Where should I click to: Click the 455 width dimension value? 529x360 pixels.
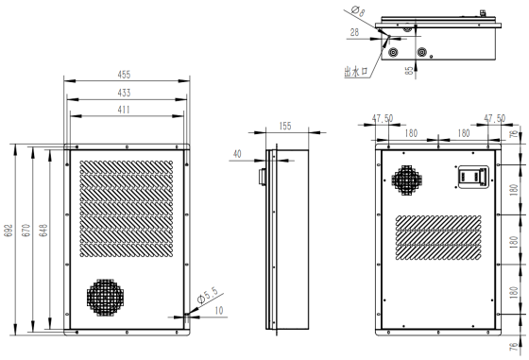(x=124, y=75)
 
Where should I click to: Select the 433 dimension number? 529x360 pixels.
(x=124, y=93)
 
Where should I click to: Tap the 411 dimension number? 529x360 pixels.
(x=124, y=110)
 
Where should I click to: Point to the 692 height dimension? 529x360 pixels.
(x=9, y=231)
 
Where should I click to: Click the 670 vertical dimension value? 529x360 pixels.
(x=26, y=231)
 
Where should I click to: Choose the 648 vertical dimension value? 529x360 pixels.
(x=43, y=231)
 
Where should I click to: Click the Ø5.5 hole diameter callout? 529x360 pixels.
(x=208, y=295)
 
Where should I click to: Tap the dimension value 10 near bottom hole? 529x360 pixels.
(x=219, y=311)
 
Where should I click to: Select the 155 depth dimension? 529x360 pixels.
(x=285, y=126)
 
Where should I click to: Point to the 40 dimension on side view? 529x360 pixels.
(x=237, y=154)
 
